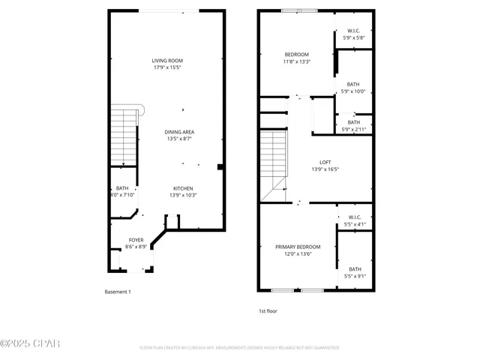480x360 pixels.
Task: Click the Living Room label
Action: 168,61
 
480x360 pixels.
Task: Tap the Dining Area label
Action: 179,132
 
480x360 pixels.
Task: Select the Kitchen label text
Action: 184,188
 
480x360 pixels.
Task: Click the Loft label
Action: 325,162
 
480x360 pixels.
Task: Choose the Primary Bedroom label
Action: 298,247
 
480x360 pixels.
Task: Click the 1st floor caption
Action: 268,310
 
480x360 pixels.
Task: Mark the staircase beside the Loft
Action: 274,157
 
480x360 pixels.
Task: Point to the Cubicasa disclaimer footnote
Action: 239,348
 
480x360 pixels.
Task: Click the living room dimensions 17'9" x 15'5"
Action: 168,67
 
